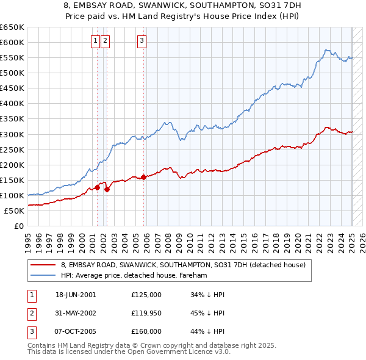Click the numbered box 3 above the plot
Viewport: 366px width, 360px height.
pos(142,41)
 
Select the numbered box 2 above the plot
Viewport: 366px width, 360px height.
pos(105,41)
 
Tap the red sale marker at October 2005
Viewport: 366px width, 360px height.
pos(144,178)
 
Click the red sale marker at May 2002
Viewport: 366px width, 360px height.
pos(107,189)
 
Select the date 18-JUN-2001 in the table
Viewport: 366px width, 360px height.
pos(76,295)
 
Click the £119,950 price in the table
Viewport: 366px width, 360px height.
pos(146,313)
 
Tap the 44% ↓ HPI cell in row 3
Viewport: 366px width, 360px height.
pos(207,331)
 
